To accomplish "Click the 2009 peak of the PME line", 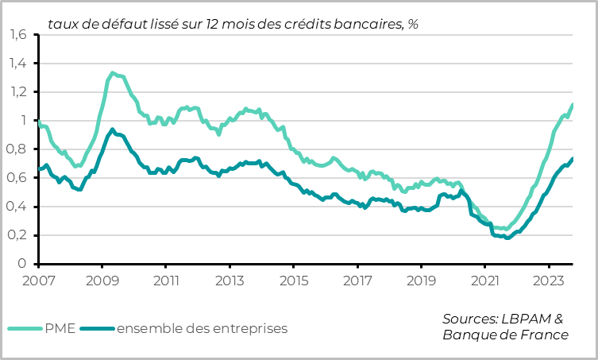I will tap(112, 73).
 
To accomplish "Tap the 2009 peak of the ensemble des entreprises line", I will tap(112, 129).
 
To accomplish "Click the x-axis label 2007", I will tap(38, 281).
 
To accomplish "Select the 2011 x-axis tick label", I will tap(166, 281).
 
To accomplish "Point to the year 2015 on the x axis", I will tap(294, 281).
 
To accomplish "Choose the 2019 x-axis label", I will tap(422, 281).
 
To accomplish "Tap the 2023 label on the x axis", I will tap(549, 281).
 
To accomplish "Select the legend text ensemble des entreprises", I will tap(202, 327).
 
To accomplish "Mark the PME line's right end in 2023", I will tap(573, 105).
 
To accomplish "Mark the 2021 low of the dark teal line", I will tap(507, 238).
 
